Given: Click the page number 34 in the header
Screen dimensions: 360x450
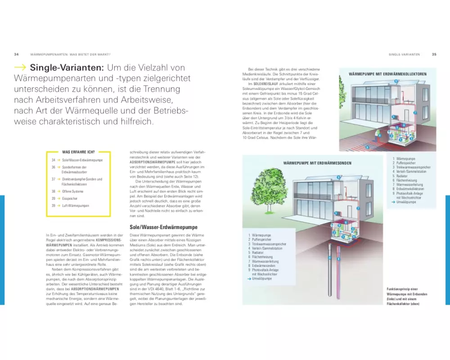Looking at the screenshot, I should (16, 54).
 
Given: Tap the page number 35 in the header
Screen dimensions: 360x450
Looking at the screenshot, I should (434, 54).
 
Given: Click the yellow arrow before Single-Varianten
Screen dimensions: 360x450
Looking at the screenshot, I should (20, 68).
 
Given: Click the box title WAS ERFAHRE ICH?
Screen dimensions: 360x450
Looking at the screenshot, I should (75, 152).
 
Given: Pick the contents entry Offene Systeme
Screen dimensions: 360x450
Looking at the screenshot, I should (73, 191).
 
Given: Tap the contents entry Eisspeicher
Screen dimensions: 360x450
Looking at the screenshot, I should (70, 198).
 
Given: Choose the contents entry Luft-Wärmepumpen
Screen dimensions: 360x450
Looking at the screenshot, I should (76, 206).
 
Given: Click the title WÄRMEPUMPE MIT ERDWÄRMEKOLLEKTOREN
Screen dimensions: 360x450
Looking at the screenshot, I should (387, 74).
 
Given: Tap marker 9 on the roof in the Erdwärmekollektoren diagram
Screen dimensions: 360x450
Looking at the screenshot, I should (396, 81).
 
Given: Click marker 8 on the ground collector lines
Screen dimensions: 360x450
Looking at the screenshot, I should (367, 147).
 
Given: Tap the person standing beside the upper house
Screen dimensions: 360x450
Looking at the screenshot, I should (377, 134).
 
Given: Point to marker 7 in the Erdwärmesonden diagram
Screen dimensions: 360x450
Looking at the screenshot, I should (358, 209).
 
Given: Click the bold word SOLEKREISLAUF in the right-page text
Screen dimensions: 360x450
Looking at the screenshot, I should (265, 84).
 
